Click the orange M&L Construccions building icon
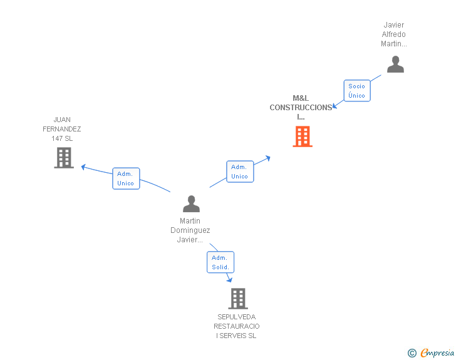tap(303, 136)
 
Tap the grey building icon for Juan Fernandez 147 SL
tap(64, 158)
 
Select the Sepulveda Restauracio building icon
tap(238, 299)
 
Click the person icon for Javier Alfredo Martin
tap(395, 64)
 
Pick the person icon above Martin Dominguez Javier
tap(191, 203)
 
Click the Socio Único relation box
tap(356, 91)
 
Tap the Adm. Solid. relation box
tap(220, 262)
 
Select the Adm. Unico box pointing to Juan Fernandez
tap(126, 178)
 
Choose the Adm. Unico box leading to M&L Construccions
tap(239, 172)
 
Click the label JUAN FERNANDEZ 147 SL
tap(62, 129)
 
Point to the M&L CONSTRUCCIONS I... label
tap(301, 107)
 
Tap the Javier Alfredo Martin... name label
tap(394, 34)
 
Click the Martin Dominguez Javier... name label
tap(190, 230)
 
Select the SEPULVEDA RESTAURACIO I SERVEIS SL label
tap(237, 326)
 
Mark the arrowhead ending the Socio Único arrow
tap(335, 106)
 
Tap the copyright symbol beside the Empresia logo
tap(412, 354)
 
